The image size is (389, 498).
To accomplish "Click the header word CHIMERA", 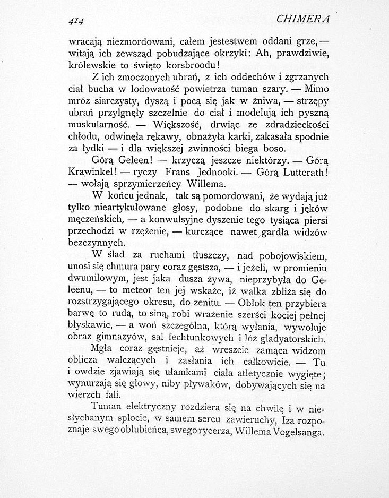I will click(x=304, y=19).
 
